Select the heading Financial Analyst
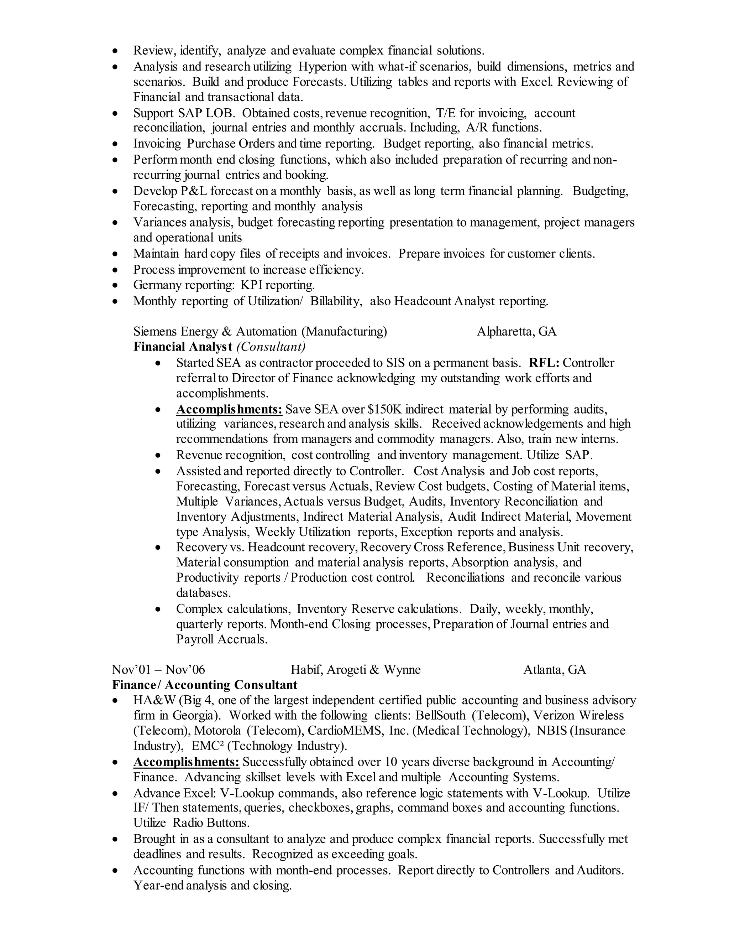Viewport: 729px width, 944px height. click(x=183, y=347)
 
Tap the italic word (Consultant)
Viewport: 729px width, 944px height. click(x=271, y=347)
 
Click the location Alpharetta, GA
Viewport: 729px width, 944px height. click(x=516, y=332)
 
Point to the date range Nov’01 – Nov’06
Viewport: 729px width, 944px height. click(x=158, y=670)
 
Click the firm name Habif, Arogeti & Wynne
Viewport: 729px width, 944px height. click(x=356, y=670)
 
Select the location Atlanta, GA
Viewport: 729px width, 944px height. click(x=555, y=670)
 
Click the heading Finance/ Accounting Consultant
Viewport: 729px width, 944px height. click(x=205, y=685)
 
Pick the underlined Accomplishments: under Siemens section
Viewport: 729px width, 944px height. click(x=229, y=409)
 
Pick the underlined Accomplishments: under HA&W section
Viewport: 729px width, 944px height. click(x=186, y=762)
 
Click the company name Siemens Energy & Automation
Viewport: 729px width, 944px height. click(x=215, y=332)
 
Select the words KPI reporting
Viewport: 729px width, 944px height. click(x=277, y=285)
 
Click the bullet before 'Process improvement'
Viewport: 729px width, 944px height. click(x=115, y=270)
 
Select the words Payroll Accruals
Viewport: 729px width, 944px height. click(x=221, y=639)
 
